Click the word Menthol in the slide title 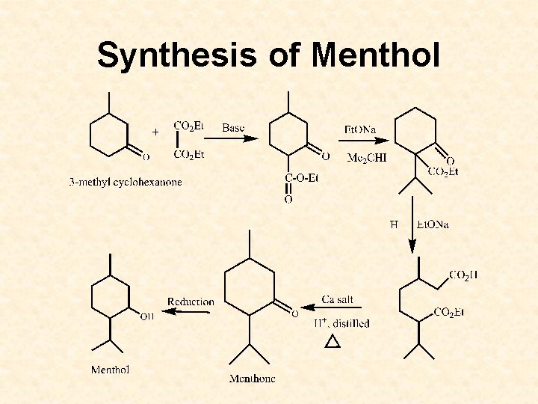(376, 55)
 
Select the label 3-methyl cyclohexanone (126, 182)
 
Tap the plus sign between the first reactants (155, 132)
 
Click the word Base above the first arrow (233, 128)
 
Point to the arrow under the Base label (240, 138)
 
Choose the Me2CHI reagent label (367, 157)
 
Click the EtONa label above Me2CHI (360, 129)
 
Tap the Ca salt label (338, 299)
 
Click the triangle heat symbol (333, 341)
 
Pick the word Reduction (191, 302)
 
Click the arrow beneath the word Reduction (187, 311)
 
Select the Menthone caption (252, 379)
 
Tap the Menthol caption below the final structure (111, 370)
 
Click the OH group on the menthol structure (147, 316)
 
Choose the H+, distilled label (341, 323)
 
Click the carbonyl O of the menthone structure (294, 313)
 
